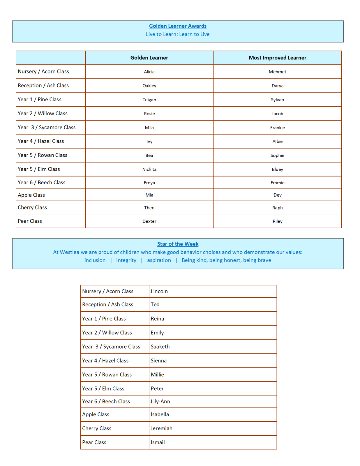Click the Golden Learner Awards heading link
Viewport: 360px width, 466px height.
click(x=178, y=26)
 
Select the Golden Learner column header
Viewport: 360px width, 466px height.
click(x=149, y=58)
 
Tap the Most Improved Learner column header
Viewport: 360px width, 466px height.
click(x=277, y=58)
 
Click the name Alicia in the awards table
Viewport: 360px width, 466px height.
click(x=149, y=72)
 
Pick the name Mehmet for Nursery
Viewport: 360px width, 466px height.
click(x=277, y=72)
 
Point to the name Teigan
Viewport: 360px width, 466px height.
click(x=149, y=100)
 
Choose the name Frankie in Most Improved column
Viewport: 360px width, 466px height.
click(x=277, y=128)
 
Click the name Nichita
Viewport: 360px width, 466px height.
click(x=149, y=169)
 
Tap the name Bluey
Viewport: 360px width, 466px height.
click(x=277, y=169)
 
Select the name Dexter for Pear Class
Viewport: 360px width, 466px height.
click(x=149, y=221)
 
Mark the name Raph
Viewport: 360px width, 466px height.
click(x=277, y=208)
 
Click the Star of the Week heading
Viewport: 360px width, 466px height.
click(x=178, y=244)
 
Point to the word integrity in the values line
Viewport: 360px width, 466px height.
click(x=126, y=260)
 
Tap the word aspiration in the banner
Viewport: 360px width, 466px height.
click(x=159, y=260)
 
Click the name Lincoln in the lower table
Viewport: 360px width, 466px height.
click(x=159, y=291)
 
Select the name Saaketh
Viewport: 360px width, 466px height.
click(x=160, y=347)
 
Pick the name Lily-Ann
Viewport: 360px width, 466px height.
click(x=160, y=401)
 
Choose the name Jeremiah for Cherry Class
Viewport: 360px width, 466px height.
click(x=161, y=428)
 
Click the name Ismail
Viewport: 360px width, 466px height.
click(x=158, y=442)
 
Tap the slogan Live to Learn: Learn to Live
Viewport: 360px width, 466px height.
click(x=178, y=34)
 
